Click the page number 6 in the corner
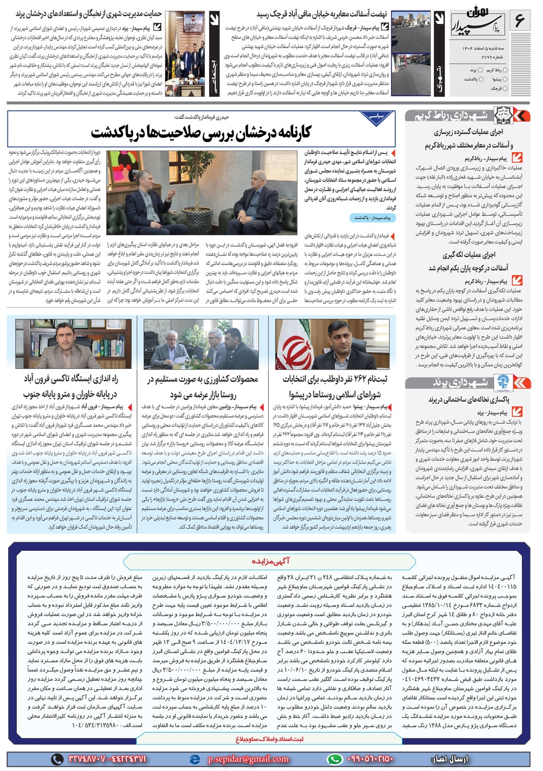(x=520, y=22)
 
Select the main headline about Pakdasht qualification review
(x=201, y=133)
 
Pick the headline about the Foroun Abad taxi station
(x=70, y=386)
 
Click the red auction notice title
(x=270, y=560)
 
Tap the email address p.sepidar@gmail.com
(x=248, y=759)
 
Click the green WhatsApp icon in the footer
(x=334, y=759)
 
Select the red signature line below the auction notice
(x=270, y=739)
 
